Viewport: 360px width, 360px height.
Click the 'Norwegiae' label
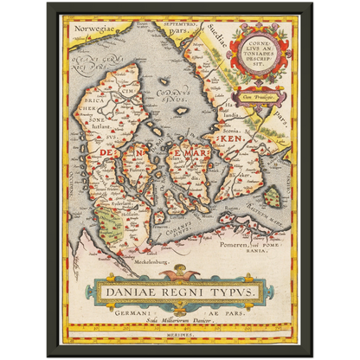[94, 29]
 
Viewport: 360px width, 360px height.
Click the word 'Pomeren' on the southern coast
[240, 246]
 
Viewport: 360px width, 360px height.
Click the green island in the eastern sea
[273, 197]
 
